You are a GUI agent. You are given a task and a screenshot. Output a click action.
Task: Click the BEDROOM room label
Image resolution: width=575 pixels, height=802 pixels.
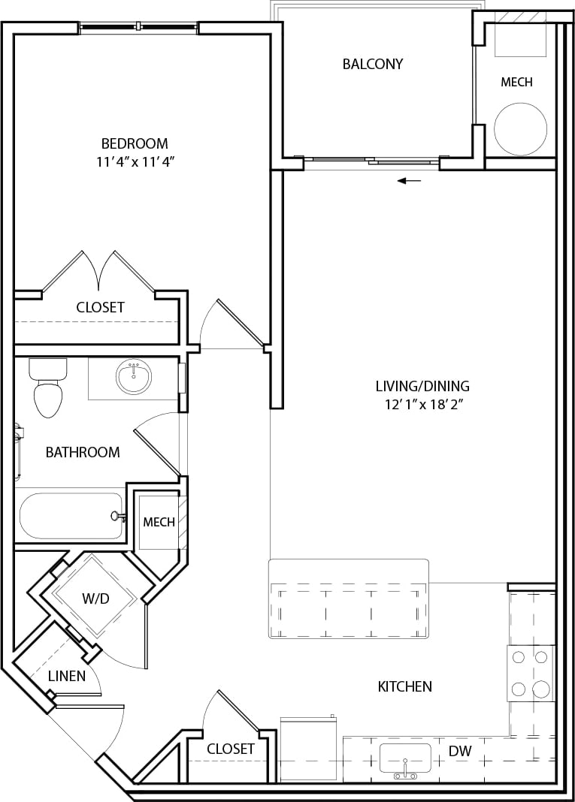click(135, 143)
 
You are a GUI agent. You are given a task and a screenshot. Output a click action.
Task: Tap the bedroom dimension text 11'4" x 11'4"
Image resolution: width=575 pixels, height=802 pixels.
click(135, 161)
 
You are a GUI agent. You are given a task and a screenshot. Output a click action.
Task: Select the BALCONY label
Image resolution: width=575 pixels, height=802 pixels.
click(373, 64)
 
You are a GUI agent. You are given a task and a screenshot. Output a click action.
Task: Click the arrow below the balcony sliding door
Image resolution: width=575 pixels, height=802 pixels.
click(410, 181)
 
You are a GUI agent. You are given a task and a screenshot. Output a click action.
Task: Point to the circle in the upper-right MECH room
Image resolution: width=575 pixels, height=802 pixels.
click(521, 127)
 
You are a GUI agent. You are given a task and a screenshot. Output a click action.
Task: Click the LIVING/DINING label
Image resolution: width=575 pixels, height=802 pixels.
click(422, 386)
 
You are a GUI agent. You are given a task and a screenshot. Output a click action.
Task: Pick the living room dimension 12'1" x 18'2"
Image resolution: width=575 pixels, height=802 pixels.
click(422, 405)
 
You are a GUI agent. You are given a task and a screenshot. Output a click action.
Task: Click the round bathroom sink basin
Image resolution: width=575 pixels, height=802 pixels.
click(134, 376)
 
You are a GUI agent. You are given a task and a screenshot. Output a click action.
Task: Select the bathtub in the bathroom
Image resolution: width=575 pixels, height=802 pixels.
click(71, 516)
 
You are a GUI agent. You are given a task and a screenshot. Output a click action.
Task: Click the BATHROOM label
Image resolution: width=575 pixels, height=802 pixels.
click(83, 452)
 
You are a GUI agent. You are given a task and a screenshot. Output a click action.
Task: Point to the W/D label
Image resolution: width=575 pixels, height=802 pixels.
click(95, 598)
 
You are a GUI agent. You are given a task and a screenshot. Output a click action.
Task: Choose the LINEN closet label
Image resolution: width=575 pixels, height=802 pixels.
click(67, 676)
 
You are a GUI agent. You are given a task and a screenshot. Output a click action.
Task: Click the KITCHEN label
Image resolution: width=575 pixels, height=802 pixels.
click(404, 686)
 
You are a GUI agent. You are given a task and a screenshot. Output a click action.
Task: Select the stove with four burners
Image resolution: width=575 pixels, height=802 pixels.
click(529, 673)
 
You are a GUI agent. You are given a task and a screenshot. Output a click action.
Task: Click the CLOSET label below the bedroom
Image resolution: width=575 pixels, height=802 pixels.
click(100, 307)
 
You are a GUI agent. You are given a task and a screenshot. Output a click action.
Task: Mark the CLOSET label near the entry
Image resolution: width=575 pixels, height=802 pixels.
click(230, 749)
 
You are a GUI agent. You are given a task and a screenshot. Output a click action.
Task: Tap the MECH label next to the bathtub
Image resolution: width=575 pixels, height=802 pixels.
click(159, 522)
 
